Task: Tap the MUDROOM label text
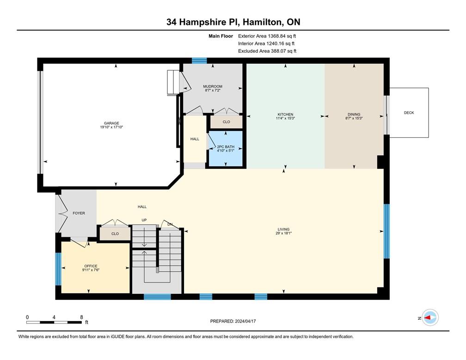click(213, 87)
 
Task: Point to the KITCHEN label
click(285, 114)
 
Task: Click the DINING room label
click(354, 114)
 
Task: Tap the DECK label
click(409, 112)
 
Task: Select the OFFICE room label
click(91, 266)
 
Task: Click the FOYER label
click(79, 213)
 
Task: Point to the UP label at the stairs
click(144, 220)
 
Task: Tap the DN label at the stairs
click(170, 224)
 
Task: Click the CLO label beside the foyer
click(115, 234)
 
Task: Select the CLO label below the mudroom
click(226, 122)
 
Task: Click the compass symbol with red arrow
click(430, 317)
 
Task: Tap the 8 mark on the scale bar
click(81, 317)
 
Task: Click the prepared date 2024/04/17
click(233, 321)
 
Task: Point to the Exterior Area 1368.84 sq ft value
click(266, 36)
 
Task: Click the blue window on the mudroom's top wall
click(199, 60)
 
